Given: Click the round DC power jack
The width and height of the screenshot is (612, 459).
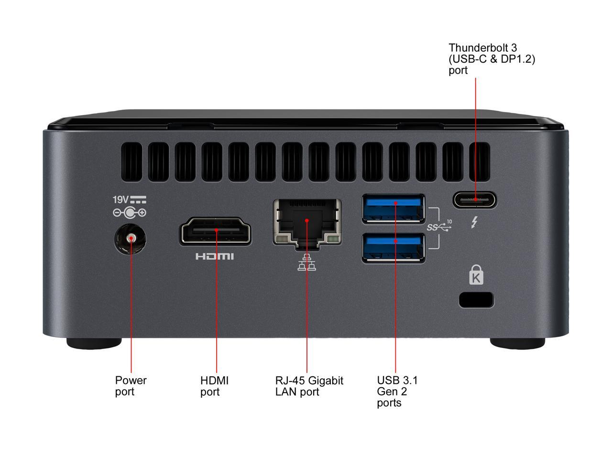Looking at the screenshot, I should tap(131, 239).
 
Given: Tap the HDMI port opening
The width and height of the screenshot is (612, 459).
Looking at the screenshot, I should tap(216, 231).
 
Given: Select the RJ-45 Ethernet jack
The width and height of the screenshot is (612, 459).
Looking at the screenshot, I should tap(307, 222).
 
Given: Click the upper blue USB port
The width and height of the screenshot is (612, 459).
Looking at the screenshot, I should tap(393, 208).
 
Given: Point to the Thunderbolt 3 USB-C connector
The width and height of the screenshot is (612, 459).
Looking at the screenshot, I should tap(475, 199).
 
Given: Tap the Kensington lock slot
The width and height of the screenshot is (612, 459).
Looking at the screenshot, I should tap(476, 299).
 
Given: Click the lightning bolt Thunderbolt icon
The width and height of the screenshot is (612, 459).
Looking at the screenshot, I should tap(475, 222).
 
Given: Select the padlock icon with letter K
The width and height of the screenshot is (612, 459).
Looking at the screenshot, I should tap(476, 275).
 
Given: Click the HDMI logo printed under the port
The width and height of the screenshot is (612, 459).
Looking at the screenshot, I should tap(215, 257).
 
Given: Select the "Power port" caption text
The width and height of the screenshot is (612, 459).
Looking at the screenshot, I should tap(131, 386).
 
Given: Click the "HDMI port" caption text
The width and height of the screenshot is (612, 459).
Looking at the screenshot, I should tap(214, 386).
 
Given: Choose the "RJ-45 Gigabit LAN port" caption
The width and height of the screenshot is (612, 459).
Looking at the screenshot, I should tap(309, 386).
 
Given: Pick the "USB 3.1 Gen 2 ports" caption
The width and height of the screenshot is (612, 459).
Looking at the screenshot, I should tap(397, 391).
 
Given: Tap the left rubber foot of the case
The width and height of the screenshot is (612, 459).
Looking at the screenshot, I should tap(94, 343).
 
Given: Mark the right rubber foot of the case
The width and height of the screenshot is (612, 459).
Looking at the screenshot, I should tap(517, 343).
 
